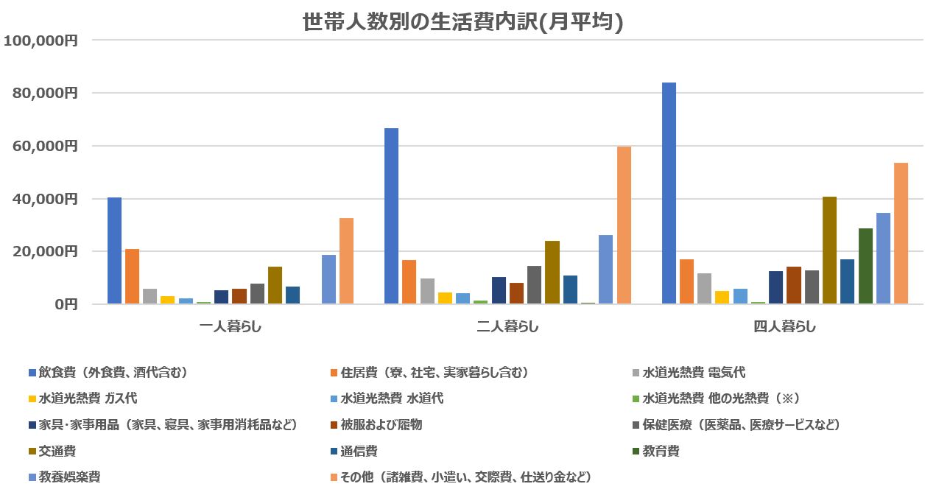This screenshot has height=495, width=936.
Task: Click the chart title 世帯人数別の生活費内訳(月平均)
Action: point(463,22)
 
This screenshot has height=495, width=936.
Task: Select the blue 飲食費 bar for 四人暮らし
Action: point(669,193)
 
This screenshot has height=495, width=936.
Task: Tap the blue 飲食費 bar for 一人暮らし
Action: point(114,250)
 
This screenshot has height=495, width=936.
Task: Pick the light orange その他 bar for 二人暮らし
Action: point(624,225)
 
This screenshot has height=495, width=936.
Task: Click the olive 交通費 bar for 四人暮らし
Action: point(829,250)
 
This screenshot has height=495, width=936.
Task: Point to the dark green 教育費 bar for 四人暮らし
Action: point(865,266)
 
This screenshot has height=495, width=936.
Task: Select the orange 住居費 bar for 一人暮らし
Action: point(132,276)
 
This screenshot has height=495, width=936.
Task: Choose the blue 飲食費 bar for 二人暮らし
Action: point(391,216)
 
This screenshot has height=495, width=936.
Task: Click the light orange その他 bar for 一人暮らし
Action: point(346,261)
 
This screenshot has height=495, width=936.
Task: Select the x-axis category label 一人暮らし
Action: point(231,326)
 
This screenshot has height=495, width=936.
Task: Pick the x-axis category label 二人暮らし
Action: point(507,326)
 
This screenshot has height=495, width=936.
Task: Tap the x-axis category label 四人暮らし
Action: point(784,326)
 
